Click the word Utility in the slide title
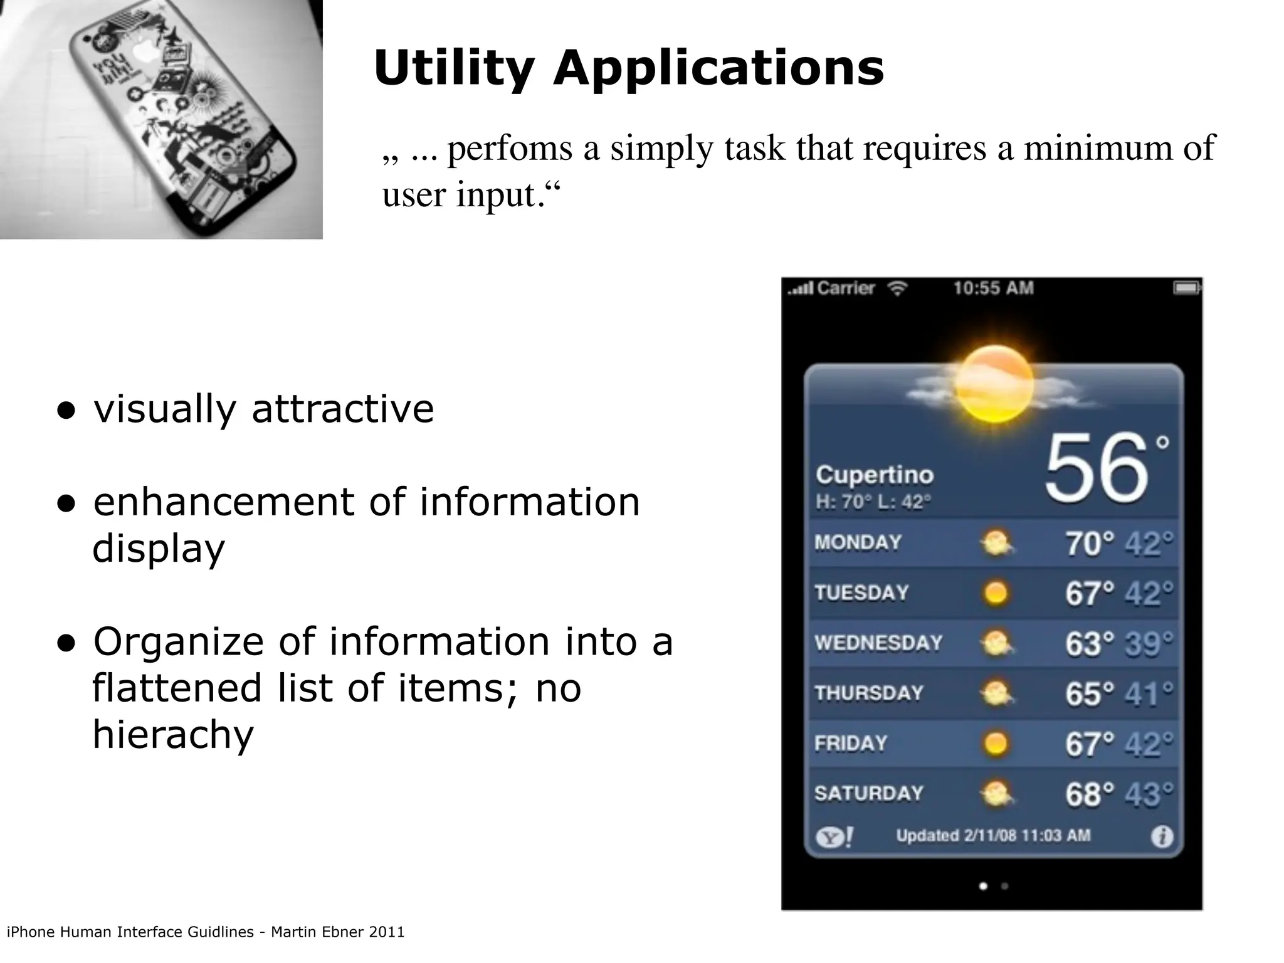[x=454, y=68]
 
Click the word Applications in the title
[x=718, y=68]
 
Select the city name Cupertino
[x=875, y=475]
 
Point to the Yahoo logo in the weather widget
[x=834, y=836]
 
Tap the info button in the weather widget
[x=1162, y=836]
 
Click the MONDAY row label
[x=858, y=542]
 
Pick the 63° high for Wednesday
[x=1090, y=644]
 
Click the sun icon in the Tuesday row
[x=996, y=593]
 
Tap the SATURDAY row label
[x=869, y=794]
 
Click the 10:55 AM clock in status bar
[x=993, y=288]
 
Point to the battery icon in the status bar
[x=1186, y=288]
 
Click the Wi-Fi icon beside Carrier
[x=898, y=289]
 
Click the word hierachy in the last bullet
[x=173, y=735]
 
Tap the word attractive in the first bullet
[x=342, y=409]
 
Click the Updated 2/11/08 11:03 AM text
[x=993, y=836]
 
